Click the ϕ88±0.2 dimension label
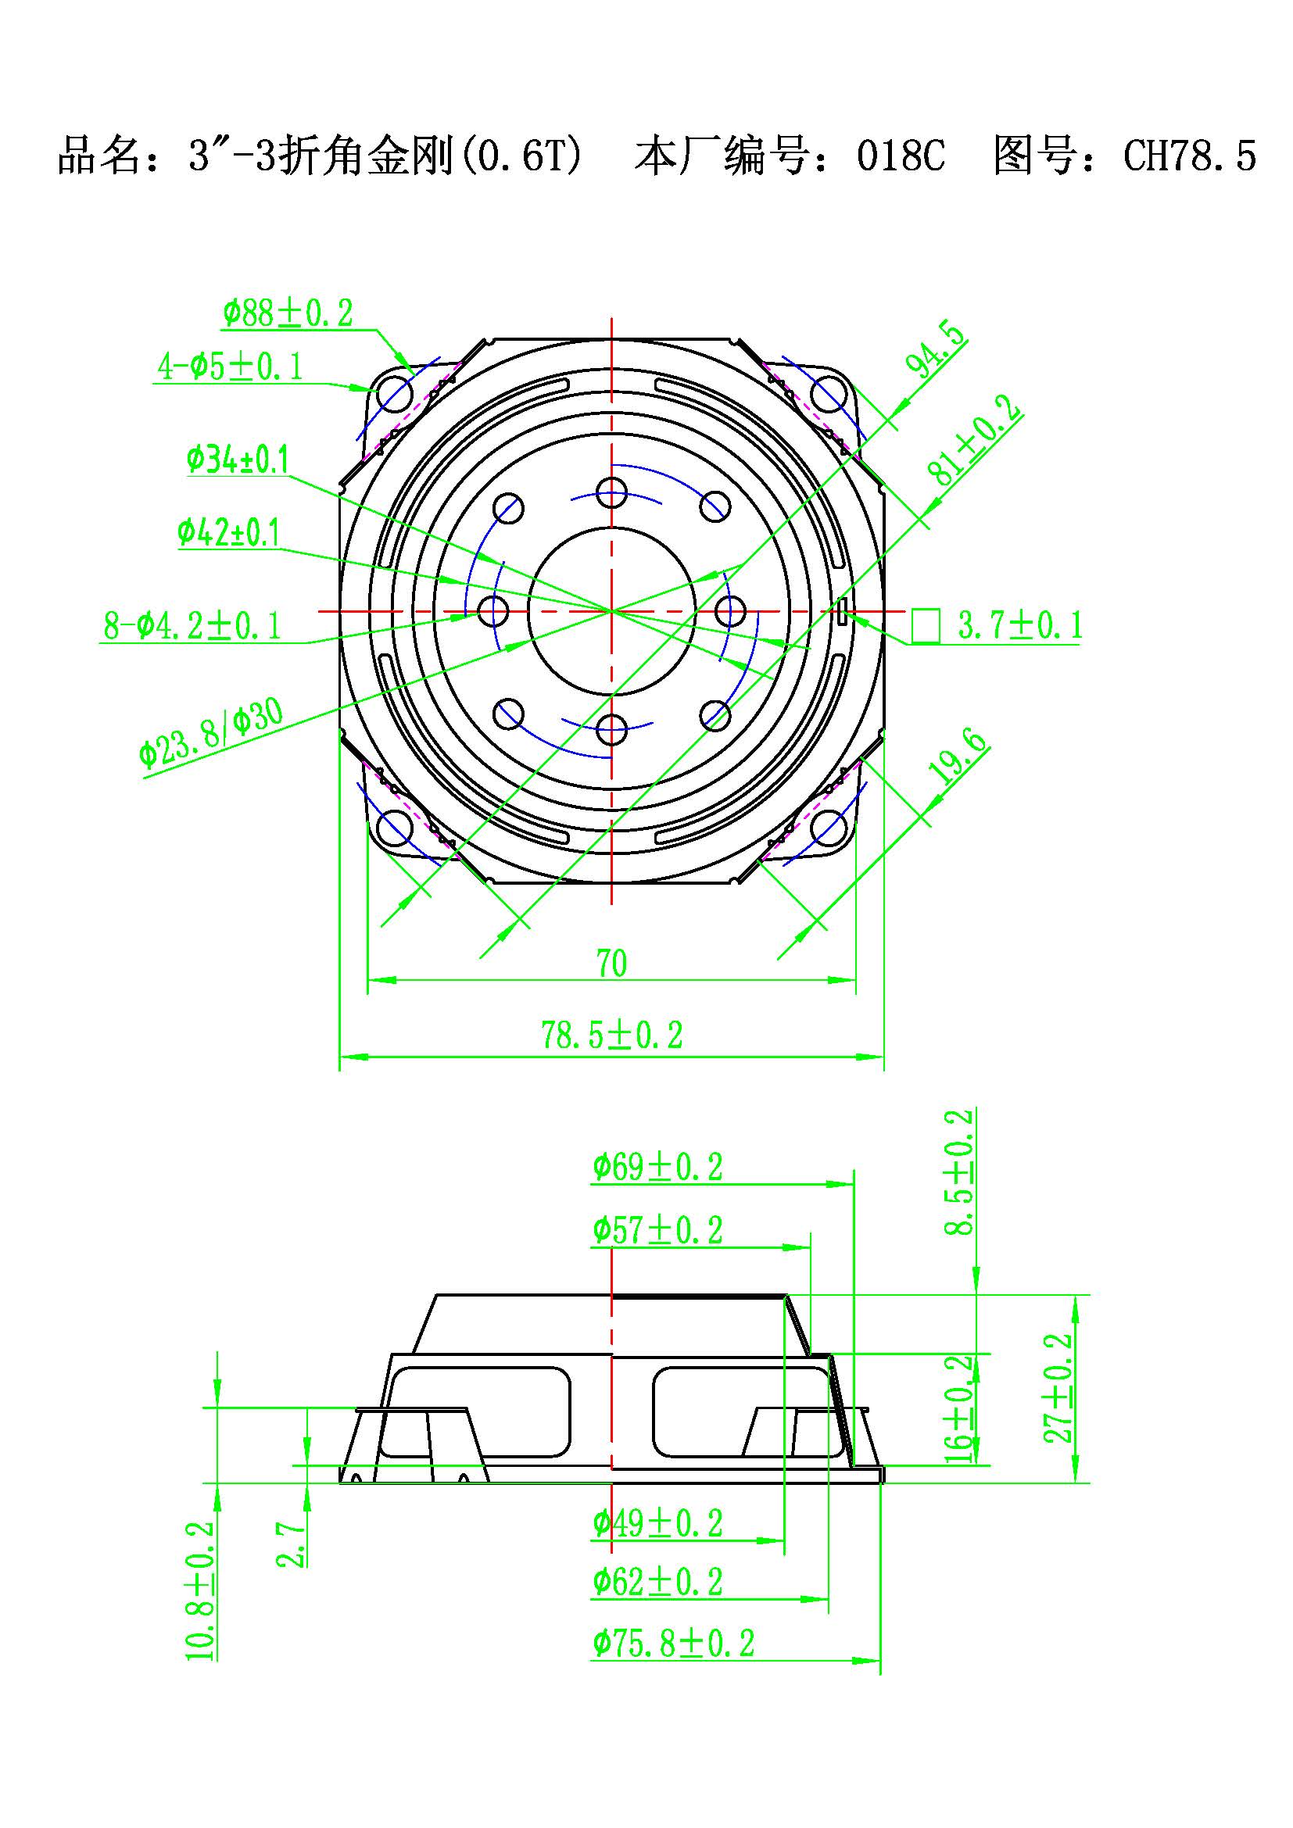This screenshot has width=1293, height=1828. pyautogui.click(x=288, y=313)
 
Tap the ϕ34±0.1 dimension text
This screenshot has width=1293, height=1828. pyautogui.click(x=238, y=460)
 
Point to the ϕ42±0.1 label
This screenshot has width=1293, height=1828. pyautogui.click(x=228, y=532)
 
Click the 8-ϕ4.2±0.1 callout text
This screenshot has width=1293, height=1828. pyautogui.click(x=192, y=626)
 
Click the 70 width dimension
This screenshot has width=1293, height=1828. pyautogui.click(x=611, y=964)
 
